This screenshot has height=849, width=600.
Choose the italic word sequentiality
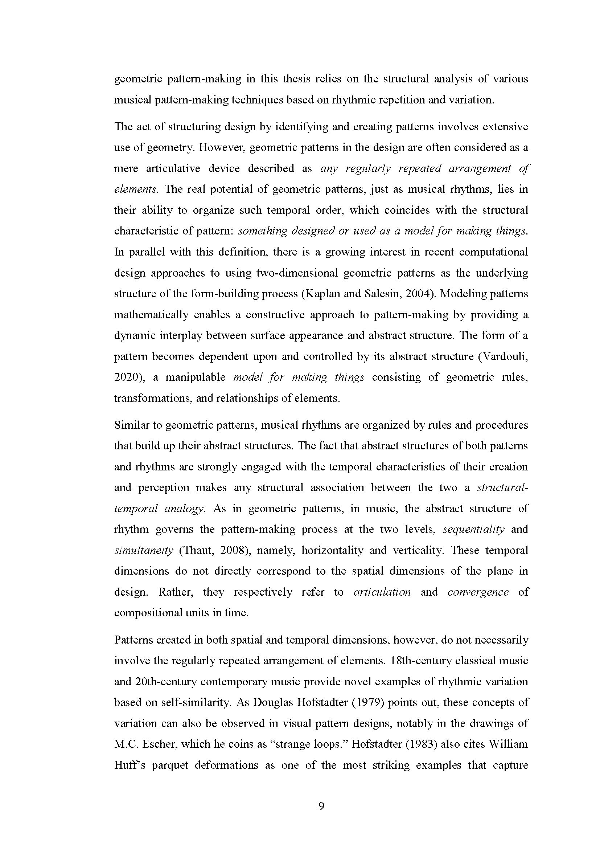pyautogui.click(x=474, y=529)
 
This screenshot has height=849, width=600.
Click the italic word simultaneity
pyautogui.click(x=143, y=550)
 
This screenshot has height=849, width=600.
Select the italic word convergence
pyautogui.click(x=478, y=592)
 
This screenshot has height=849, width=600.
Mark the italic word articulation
pyautogui.click(x=382, y=592)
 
